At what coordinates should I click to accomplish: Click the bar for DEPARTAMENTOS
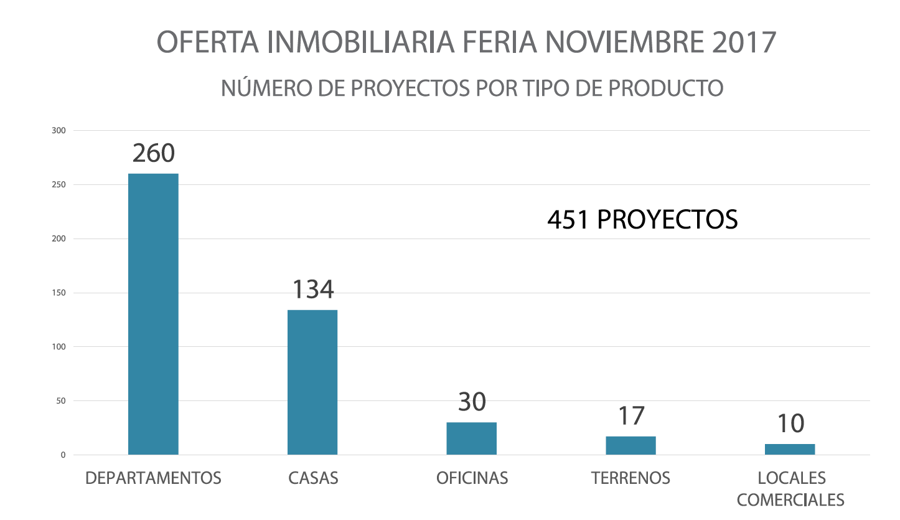(153, 314)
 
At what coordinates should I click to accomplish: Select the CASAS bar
(312, 382)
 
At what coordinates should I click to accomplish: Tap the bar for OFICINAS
(471, 438)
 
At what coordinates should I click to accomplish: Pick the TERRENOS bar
(630, 445)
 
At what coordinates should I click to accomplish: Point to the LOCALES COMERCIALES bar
(790, 449)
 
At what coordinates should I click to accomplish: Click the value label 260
(154, 153)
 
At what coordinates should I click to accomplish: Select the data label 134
(313, 290)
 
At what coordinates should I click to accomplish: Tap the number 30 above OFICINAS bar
(472, 402)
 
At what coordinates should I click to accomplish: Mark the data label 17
(630, 416)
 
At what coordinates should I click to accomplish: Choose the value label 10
(790, 424)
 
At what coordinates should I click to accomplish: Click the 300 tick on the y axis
(59, 131)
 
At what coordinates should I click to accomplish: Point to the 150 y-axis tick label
(59, 293)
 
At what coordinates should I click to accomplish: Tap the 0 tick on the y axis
(63, 455)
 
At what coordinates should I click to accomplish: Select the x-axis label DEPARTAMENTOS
(153, 478)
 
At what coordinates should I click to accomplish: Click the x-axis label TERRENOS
(630, 478)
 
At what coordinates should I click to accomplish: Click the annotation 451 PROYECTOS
(642, 220)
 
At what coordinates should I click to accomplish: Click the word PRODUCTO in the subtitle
(665, 88)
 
